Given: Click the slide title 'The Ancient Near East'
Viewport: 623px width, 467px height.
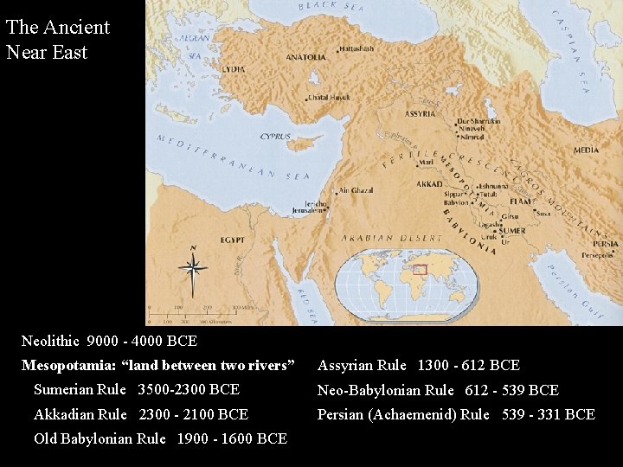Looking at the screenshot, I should pyautogui.click(x=57, y=39).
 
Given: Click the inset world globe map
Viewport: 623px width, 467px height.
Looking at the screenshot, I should pyautogui.click(x=407, y=284).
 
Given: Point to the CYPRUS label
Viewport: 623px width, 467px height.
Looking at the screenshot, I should pyautogui.click(x=276, y=136).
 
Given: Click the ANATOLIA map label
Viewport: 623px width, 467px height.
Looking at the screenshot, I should pyautogui.click(x=307, y=57).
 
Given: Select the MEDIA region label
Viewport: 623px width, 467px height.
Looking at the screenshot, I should pyautogui.click(x=586, y=150).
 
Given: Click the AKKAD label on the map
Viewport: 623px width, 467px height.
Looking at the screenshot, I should pyautogui.click(x=428, y=184).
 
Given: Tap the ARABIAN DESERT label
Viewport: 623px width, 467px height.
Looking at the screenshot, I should pyautogui.click(x=379, y=237).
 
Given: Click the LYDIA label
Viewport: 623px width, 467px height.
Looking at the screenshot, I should pyautogui.click(x=234, y=67).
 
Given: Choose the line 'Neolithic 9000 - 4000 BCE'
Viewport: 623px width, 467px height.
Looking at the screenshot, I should pyautogui.click(x=109, y=341).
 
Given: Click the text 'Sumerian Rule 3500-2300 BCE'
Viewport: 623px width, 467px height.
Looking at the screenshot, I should pyautogui.click(x=137, y=390).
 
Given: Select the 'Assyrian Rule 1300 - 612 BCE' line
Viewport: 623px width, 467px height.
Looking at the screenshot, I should pyautogui.click(x=419, y=366).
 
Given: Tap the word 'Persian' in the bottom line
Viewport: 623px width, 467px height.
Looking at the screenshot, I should pyautogui.click(x=340, y=415).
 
